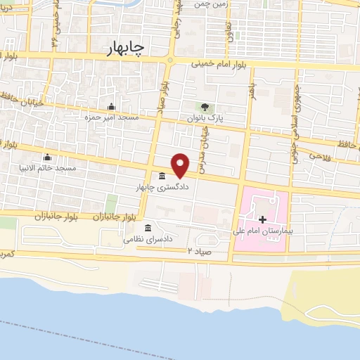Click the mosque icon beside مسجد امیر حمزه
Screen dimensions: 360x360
pos(110,106)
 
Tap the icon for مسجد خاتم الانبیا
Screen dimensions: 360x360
pos(47,157)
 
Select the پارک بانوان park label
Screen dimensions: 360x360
pos(205,119)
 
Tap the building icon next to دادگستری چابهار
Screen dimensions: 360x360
pos(162,176)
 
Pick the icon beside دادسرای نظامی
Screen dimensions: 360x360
pos(148,228)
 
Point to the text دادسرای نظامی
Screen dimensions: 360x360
pos(146,239)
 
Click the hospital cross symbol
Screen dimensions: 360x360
pos(262,219)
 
